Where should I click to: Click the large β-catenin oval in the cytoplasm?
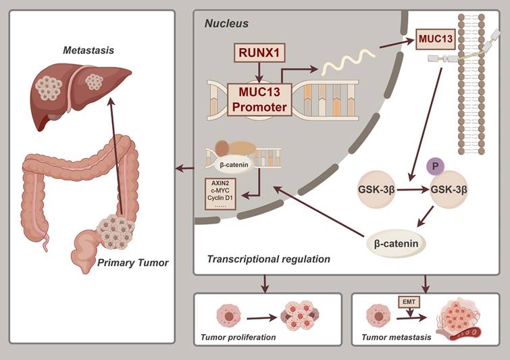(401, 242)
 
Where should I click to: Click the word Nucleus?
(226, 24)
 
